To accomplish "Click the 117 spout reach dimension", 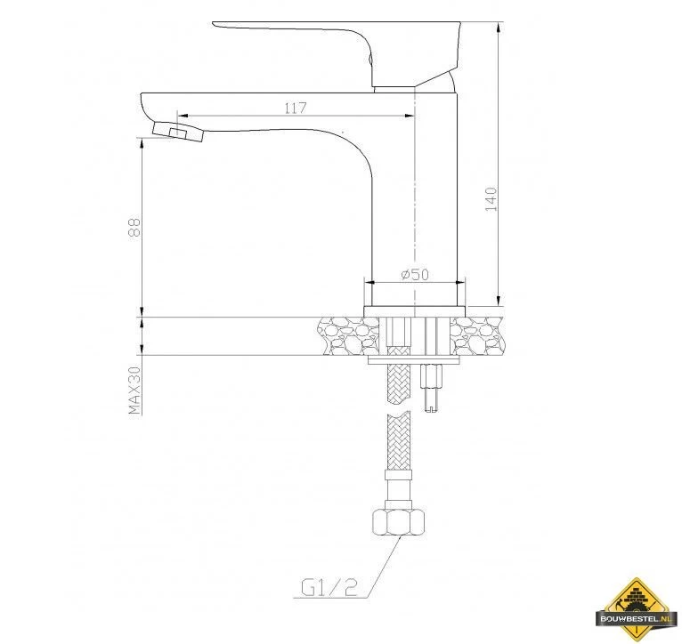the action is pos(296,108).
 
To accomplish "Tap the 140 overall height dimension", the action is pos(491,199).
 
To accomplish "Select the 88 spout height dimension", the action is pos(134,227).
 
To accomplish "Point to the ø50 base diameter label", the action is pos(415,275).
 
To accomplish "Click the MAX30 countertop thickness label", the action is pos(134,390).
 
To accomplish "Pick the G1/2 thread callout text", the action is pos(329,588).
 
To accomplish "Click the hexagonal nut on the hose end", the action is pos(398,522).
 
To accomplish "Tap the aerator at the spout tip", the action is pos(178,132).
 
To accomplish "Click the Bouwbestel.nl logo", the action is pos(637,608).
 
